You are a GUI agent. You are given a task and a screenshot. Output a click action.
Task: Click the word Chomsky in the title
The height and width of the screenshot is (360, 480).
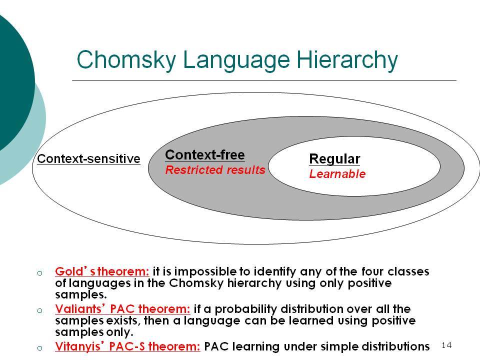(x=126, y=59)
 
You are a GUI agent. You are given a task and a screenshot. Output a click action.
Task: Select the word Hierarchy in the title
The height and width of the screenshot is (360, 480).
(x=347, y=60)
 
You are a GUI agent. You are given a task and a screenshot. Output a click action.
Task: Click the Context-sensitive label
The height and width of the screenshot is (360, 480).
(x=89, y=159)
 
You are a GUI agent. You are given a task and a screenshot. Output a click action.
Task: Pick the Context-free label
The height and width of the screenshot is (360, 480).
(x=205, y=154)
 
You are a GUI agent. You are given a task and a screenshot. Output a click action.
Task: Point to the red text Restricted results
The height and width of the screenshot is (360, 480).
(x=215, y=169)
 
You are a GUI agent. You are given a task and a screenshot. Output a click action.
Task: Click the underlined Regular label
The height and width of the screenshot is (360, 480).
(x=334, y=159)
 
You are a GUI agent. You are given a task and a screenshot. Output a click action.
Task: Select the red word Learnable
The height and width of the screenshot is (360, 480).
(x=337, y=174)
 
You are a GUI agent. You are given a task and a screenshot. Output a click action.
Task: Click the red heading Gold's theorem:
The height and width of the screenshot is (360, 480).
(x=102, y=271)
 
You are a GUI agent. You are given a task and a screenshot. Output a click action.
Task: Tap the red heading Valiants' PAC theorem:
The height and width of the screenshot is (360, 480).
(x=123, y=308)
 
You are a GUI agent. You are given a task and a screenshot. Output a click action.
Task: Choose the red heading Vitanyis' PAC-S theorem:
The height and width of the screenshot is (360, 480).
(x=127, y=346)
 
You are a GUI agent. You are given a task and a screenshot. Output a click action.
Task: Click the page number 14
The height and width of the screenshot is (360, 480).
(x=446, y=345)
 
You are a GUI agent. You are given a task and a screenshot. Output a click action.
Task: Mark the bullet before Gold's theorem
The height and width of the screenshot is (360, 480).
(x=40, y=273)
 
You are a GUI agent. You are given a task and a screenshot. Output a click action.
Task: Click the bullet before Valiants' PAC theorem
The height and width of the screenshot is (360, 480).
(x=40, y=310)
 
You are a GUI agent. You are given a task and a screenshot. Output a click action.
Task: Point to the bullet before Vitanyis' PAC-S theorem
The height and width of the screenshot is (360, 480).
(x=40, y=348)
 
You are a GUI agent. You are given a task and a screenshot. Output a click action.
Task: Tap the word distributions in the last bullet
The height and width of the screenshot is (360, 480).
(x=395, y=346)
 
